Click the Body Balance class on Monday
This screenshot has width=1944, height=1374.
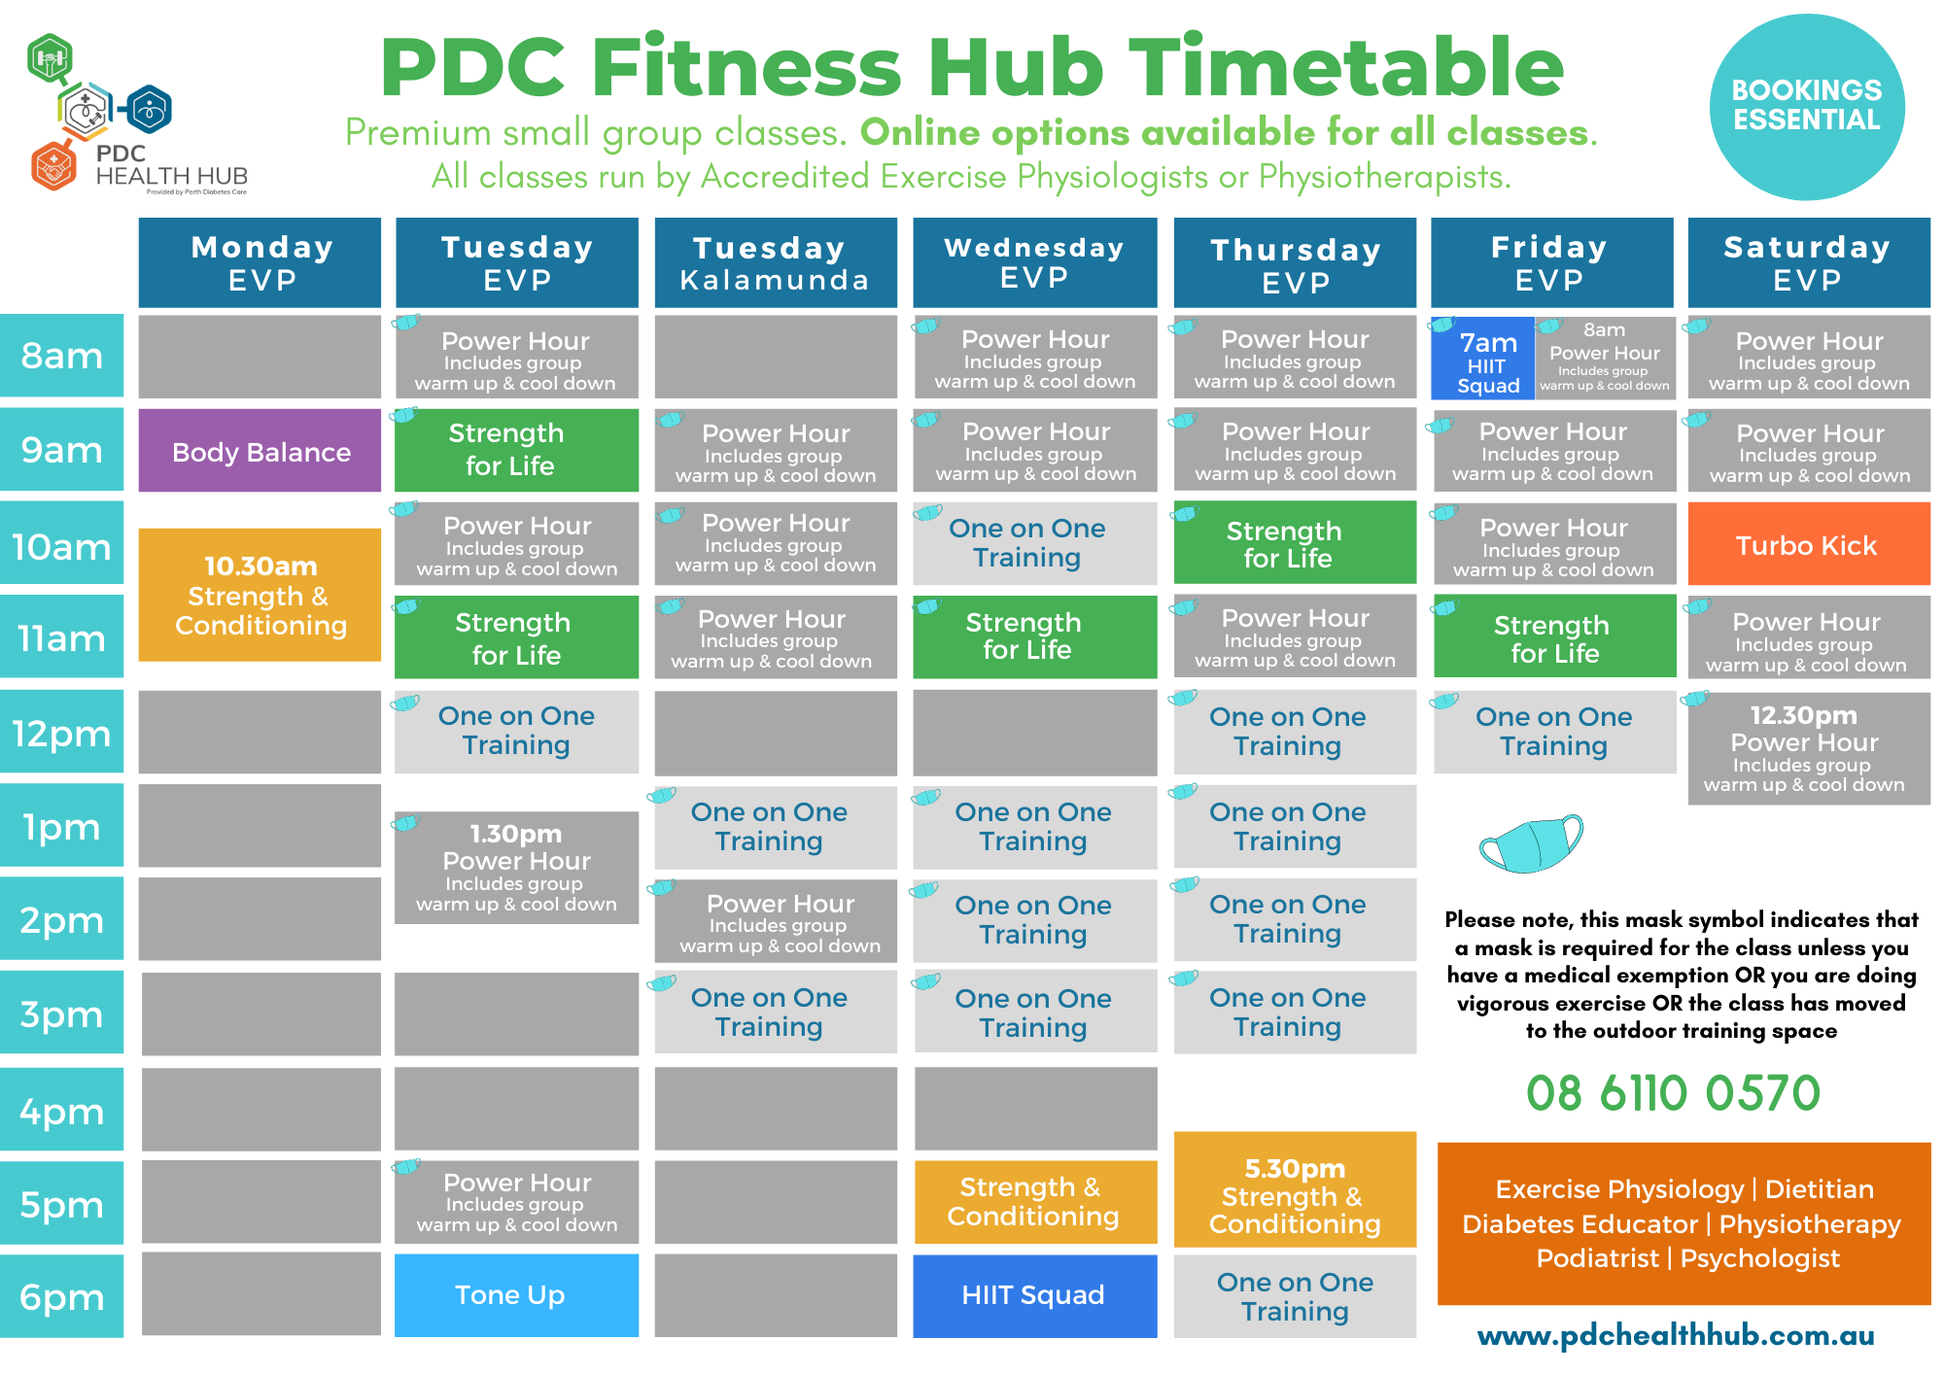point(260,451)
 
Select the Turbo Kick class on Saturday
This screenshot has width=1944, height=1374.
point(1809,544)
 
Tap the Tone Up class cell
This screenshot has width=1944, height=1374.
point(516,1295)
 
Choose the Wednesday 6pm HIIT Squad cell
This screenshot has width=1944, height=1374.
point(1034,1295)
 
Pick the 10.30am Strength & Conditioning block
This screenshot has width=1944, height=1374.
point(260,595)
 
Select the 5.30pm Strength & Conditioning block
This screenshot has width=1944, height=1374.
point(1295,1189)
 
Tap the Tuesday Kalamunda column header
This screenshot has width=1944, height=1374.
point(776,262)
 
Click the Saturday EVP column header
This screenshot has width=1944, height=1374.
point(1809,262)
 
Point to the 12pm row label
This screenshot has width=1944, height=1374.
point(61,732)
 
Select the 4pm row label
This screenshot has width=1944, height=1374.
point(61,1110)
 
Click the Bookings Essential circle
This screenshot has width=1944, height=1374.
point(1807,107)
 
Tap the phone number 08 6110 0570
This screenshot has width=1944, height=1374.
point(1673,1093)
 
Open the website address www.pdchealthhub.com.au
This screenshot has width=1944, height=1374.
point(1676,1335)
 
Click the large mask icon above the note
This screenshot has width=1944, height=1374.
point(1531,843)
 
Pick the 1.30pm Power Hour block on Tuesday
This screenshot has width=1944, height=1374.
point(516,867)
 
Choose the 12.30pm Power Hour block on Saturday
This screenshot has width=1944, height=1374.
point(1809,748)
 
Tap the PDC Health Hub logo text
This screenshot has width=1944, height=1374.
point(171,165)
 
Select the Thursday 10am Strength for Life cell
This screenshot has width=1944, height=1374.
point(1295,542)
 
